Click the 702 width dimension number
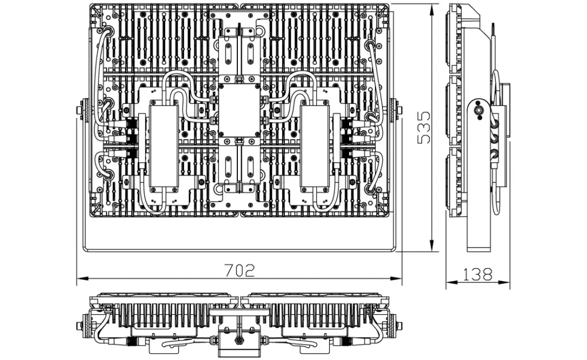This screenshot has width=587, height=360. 239,270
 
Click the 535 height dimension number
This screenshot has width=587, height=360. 424,127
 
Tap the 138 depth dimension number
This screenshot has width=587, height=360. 478,275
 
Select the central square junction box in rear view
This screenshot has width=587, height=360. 239,111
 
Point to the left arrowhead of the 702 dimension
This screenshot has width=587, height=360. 83,279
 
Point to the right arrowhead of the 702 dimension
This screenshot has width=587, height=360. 396,279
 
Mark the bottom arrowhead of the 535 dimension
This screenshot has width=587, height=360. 432,246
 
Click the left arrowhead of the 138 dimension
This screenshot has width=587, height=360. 451,282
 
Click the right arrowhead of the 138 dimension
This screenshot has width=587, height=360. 504,282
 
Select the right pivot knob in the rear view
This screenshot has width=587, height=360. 396,110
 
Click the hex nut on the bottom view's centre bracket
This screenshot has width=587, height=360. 238,340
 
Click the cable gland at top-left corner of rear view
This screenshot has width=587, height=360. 108,31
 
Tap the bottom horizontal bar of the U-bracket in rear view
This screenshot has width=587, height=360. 239,249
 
